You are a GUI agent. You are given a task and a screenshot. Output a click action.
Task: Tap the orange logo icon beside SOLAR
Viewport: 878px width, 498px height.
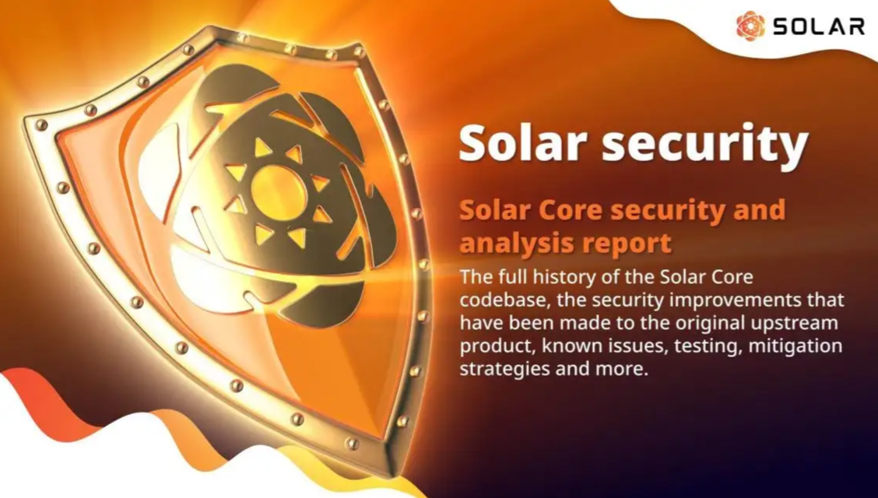click(750, 26)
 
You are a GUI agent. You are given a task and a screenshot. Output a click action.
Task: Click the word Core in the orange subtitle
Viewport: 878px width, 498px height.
click(578, 210)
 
